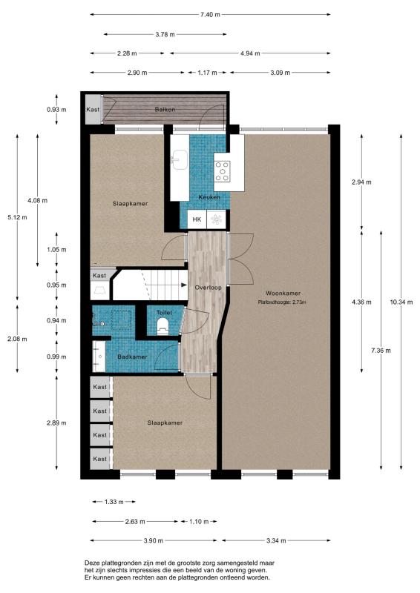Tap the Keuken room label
click(209, 197)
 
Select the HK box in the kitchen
click(197, 219)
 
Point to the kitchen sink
click(179, 158)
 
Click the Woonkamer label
click(280, 293)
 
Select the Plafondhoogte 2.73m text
click(281, 302)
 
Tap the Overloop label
click(207, 287)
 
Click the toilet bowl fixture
click(165, 327)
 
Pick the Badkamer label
click(131, 357)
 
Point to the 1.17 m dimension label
click(207, 73)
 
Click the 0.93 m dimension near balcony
click(56, 110)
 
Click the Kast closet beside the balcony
click(93, 110)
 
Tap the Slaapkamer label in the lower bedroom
click(164, 423)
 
